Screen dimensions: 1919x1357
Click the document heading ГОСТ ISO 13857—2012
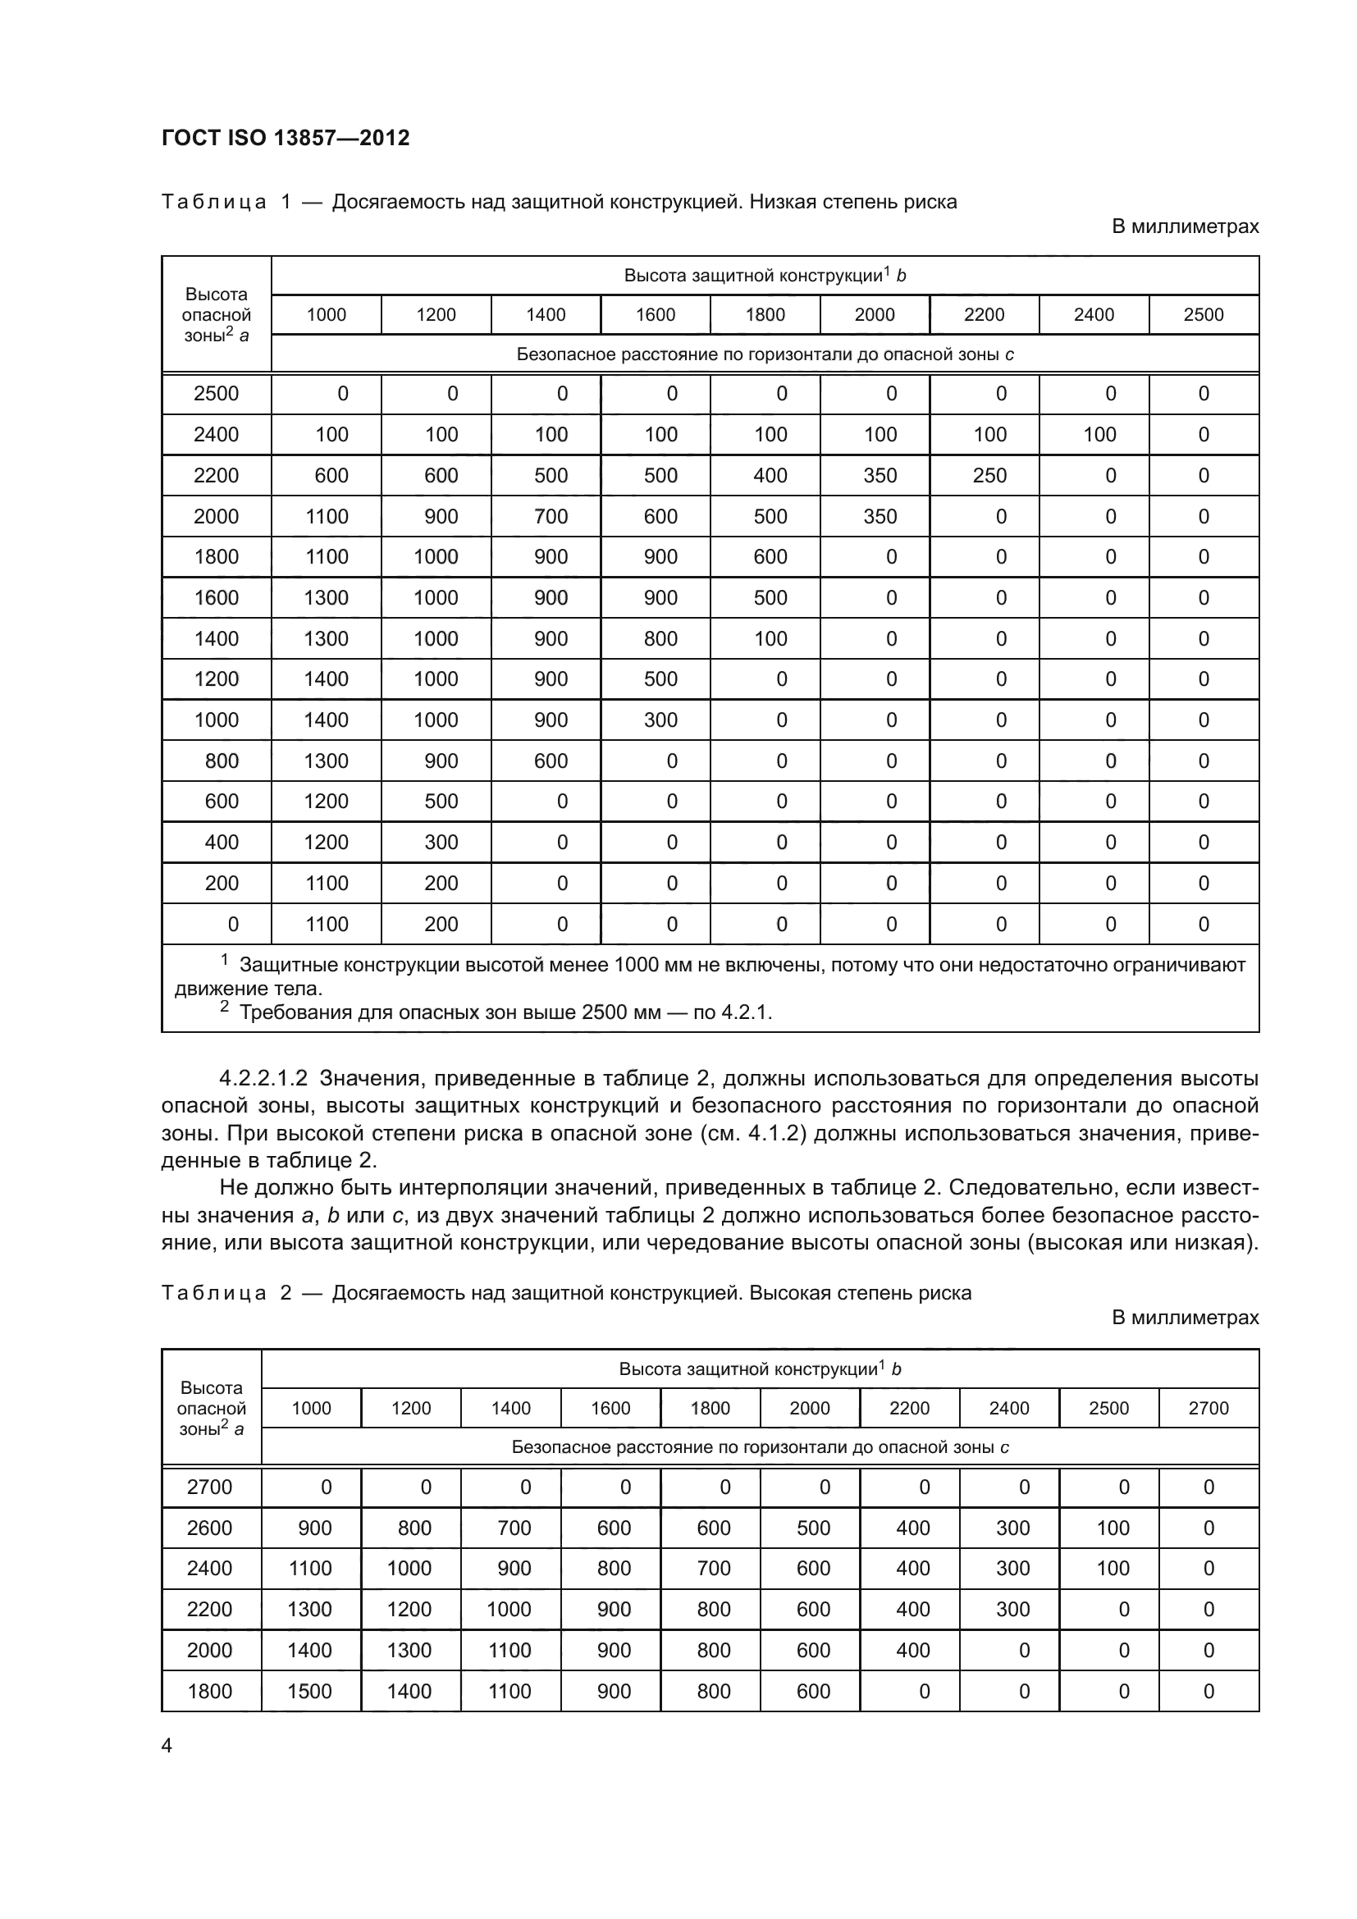(x=285, y=138)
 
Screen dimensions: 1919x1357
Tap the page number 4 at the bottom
(x=167, y=1745)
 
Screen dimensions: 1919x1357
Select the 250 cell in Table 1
(x=989, y=476)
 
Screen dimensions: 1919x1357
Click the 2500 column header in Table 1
(x=1204, y=315)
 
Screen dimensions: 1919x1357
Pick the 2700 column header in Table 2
(x=1209, y=1409)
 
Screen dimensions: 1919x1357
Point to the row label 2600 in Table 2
(x=210, y=1528)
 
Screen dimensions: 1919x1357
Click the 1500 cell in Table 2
(x=310, y=1691)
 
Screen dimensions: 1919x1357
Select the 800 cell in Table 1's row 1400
(x=660, y=638)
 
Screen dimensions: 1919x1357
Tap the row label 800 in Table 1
(x=222, y=761)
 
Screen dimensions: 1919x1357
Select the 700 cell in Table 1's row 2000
(x=551, y=517)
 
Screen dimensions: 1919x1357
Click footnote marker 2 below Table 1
(x=224, y=1007)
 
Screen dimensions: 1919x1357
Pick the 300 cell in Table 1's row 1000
(x=660, y=720)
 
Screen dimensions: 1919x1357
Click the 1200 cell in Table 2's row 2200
(x=409, y=1609)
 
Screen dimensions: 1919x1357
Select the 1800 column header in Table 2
(x=710, y=1409)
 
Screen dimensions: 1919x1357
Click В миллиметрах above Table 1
(x=1184, y=226)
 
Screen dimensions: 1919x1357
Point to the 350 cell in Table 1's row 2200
(x=880, y=476)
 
